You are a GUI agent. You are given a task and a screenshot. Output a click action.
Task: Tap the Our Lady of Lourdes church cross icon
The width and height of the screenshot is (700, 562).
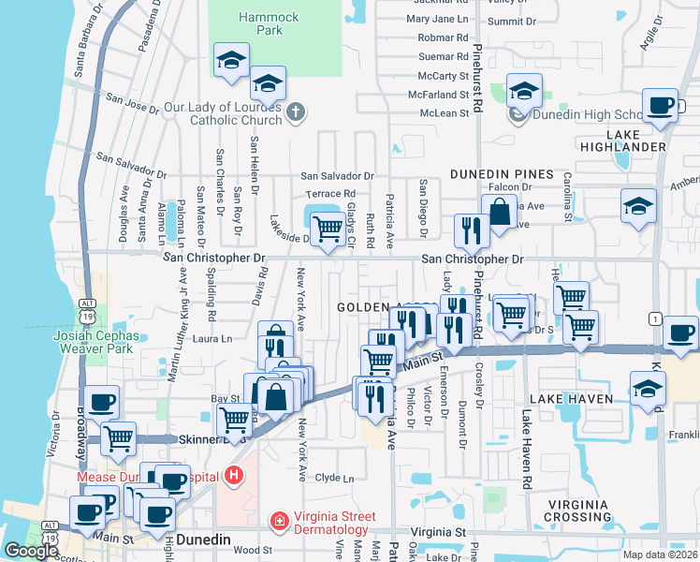point(296,112)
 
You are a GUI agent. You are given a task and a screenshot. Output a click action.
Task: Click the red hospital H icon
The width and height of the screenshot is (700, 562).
point(233,476)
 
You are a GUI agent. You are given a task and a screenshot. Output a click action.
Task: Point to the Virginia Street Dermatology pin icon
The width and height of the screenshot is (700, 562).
point(278,521)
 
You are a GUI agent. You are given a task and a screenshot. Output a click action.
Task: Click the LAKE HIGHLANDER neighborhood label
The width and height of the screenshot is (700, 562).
point(635,140)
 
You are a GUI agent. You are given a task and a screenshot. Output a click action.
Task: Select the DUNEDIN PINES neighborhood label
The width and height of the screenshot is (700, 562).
point(502,174)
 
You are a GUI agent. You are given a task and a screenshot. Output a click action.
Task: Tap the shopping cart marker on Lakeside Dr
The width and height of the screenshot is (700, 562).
point(327,228)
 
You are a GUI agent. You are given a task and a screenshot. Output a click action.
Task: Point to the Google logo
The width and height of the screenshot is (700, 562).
point(31,551)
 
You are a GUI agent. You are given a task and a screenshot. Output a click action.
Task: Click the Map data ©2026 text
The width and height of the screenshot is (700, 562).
point(660,555)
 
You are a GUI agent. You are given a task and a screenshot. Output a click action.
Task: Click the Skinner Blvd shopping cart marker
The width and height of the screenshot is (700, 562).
point(117,437)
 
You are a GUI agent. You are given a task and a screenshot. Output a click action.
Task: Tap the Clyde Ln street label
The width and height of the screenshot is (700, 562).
point(335,478)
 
